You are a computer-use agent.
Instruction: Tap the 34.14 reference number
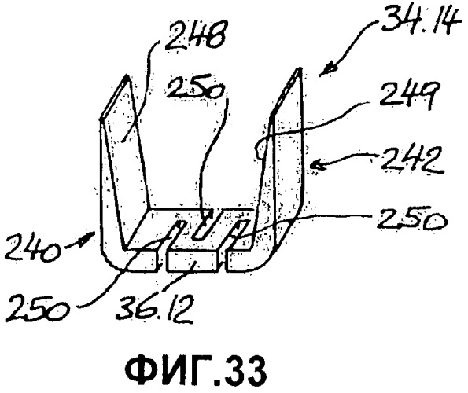pyautogui.click(x=422, y=22)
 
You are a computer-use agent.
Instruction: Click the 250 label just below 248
pyautogui.click(x=196, y=89)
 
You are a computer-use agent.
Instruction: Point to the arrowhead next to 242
pyautogui.click(x=317, y=164)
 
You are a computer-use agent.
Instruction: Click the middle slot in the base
pyautogui.click(x=204, y=224)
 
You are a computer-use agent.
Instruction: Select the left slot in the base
pyautogui.click(x=175, y=236)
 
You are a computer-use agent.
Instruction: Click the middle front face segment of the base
pyautogui.click(x=193, y=261)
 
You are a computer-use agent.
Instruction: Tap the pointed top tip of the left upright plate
pyautogui.click(x=127, y=75)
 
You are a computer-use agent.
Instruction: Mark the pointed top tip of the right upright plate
pyautogui.click(x=300, y=69)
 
